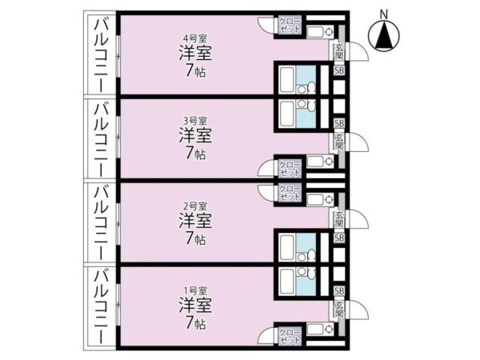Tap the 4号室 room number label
(x=195, y=38)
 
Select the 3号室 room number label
(x=195, y=121)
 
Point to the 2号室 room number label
(x=195, y=206)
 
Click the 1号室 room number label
(x=195, y=290)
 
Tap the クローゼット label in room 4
(x=290, y=26)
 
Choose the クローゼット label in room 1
(x=290, y=337)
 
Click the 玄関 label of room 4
(x=339, y=51)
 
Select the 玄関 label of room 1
(x=339, y=309)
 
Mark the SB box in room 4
(x=339, y=70)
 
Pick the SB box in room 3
(x=339, y=123)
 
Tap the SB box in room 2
(x=339, y=238)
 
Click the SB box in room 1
(x=339, y=290)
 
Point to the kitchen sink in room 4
(x=320, y=32)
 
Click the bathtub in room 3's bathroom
(x=287, y=114)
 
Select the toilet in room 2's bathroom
(x=312, y=255)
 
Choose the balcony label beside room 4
(x=101, y=54)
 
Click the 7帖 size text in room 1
(x=195, y=322)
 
